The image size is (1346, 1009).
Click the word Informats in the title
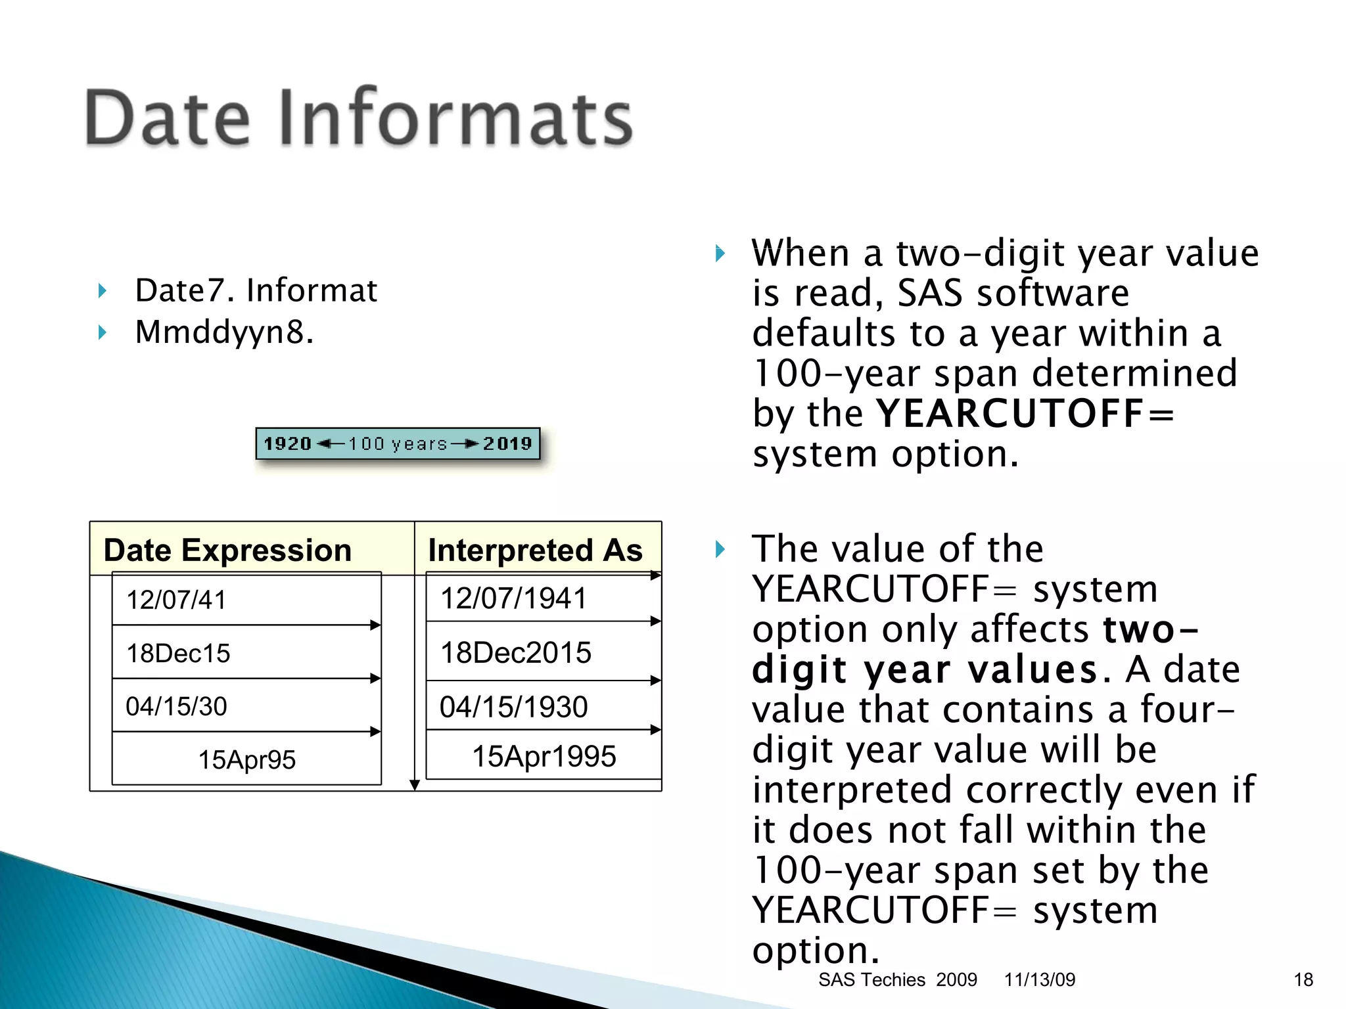tap(455, 118)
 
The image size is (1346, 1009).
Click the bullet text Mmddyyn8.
tap(224, 332)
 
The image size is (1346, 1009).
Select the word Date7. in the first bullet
tap(183, 290)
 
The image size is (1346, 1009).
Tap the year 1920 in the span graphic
tap(287, 444)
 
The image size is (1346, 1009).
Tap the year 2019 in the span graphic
tap(507, 444)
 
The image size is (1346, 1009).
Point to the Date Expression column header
tap(227, 550)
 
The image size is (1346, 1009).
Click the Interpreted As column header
tap(535, 550)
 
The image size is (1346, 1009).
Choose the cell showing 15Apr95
tap(246, 759)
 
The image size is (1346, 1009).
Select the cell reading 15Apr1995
tap(544, 756)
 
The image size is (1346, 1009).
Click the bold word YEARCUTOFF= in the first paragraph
tap(1025, 414)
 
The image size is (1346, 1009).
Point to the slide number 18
tap(1303, 979)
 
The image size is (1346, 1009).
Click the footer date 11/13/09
tap(1039, 979)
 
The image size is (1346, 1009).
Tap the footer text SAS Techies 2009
tap(897, 979)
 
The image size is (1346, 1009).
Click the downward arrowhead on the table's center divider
tap(415, 785)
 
